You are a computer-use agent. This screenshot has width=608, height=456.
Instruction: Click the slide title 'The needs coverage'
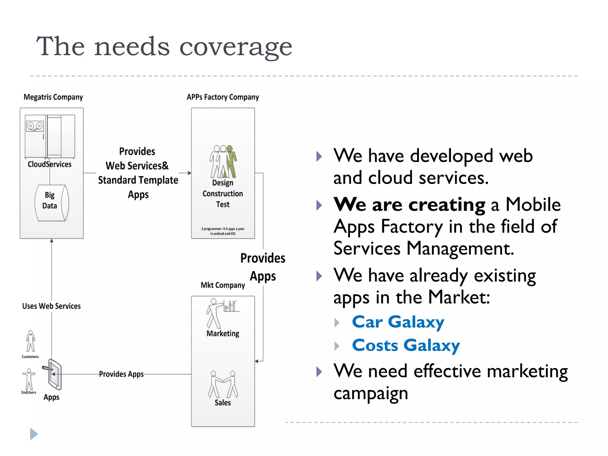tap(164, 46)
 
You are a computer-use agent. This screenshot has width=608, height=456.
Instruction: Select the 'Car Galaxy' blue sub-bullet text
tap(398, 322)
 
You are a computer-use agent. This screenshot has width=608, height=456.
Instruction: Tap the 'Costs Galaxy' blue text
tap(406, 346)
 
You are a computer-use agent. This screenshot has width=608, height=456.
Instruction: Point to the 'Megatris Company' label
tap(53, 97)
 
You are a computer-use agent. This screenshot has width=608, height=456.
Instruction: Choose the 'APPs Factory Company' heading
tap(223, 97)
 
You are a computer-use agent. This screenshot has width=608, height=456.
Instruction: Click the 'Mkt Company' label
tap(223, 285)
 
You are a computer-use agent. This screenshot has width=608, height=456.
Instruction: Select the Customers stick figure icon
tap(30, 341)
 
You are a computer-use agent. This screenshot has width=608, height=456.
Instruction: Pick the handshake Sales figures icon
tap(223, 384)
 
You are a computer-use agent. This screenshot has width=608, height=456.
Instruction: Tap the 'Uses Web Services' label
tap(51, 306)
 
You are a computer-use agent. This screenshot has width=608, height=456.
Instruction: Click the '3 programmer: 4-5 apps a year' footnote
tap(223, 231)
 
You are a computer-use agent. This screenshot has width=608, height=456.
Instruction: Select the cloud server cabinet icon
tap(50, 137)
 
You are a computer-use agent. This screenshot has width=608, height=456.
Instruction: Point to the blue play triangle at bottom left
tap(34, 434)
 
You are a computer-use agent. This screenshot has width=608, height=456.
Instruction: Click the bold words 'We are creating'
tap(409, 205)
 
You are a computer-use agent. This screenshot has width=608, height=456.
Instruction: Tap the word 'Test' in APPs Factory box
tap(223, 205)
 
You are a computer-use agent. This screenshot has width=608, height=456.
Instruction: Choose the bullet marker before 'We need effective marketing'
tap(319, 372)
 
